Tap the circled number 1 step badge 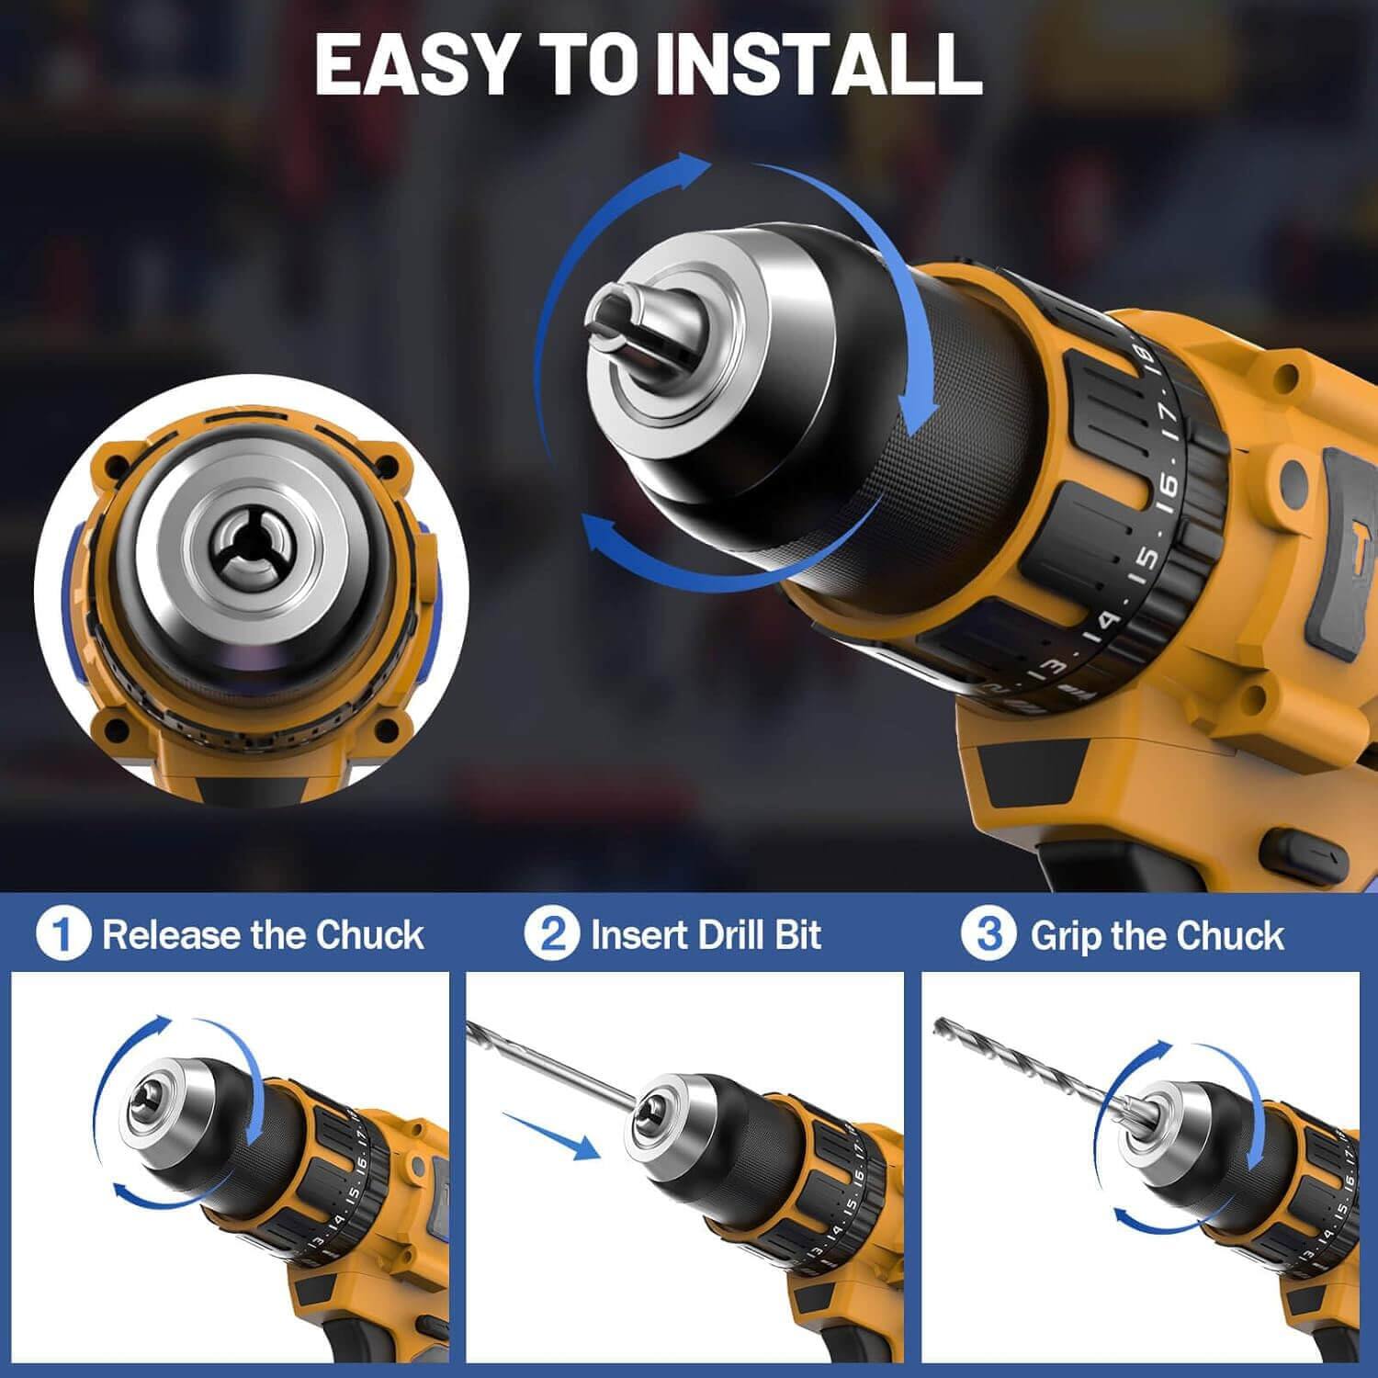click(63, 935)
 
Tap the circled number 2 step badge click(552, 935)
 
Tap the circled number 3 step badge click(988, 935)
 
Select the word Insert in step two click(638, 935)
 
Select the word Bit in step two click(797, 935)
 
